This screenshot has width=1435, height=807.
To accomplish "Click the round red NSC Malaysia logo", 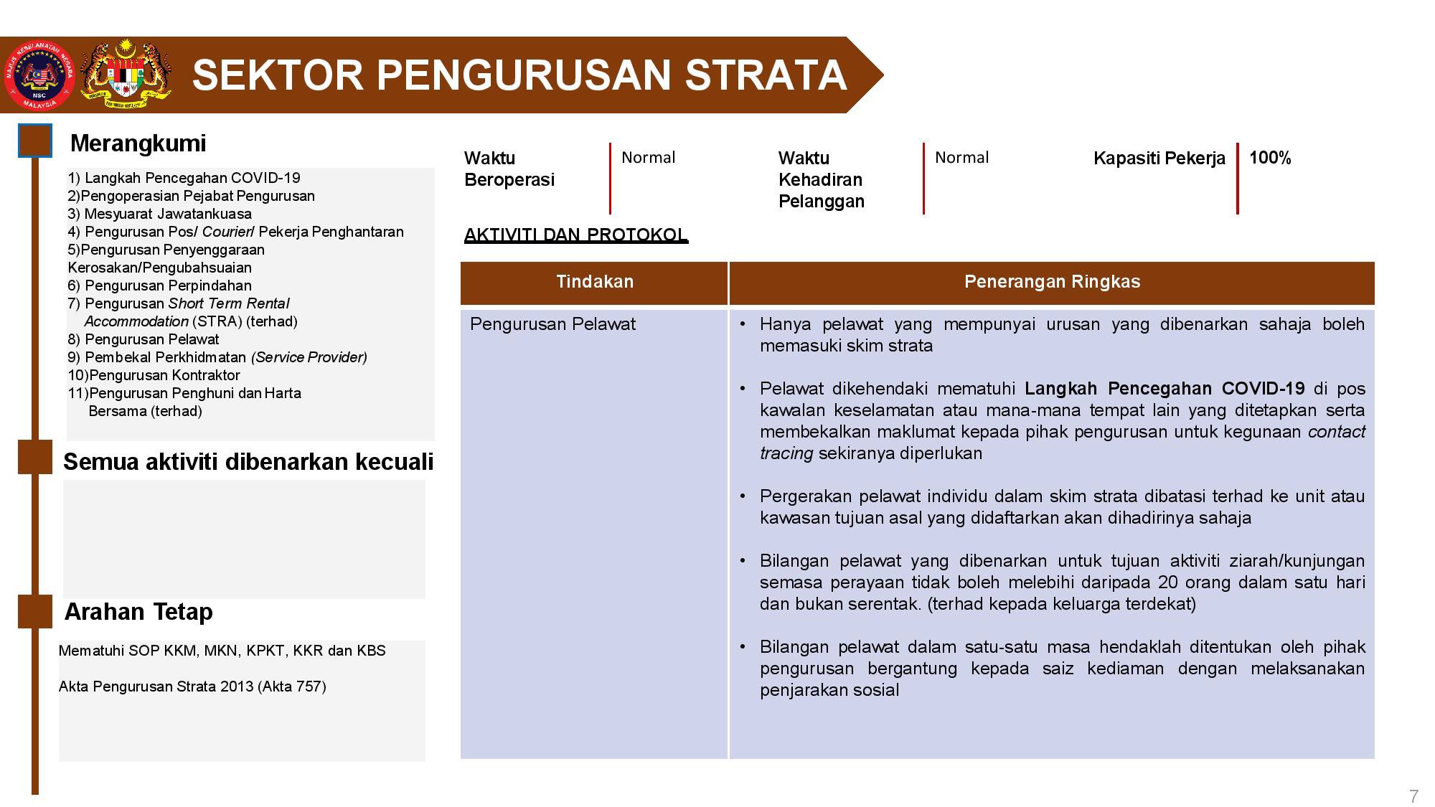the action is pyautogui.click(x=39, y=75).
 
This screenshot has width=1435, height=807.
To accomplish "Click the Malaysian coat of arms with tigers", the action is pyautogui.click(x=126, y=75).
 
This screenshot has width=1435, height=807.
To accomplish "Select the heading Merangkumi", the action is pyautogui.click(x=138, y=143).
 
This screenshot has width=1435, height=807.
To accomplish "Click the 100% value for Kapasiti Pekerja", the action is pyautogui.click(x=1270, y=158).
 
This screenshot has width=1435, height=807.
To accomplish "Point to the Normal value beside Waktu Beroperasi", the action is pyautogui.click(x=648, y=158).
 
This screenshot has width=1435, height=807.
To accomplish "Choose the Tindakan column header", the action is pyautogui.click(x=595, y=282).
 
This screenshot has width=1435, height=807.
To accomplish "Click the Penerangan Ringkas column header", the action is pyautogui.click(x=1052, y=282).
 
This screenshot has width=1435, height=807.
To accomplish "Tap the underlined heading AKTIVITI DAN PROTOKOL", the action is pyautogui.click(x=576, y=235).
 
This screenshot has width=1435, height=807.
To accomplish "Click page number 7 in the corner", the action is pyautogui.click(x=1413, y=796).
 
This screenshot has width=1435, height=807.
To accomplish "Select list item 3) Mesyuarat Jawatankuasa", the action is pyautogui.click(x=160, y=214).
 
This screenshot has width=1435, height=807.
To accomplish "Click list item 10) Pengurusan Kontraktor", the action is pyautogui.click(x=154, y=375).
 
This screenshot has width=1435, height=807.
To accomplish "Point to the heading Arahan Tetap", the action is pyautogui.click(x=138, y=612).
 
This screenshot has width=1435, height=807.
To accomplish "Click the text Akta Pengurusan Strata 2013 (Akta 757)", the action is pyautogui.click(x=192, y=686).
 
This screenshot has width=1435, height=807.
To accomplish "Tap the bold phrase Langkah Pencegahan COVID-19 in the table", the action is pyautogui.click(x=1165, y=389).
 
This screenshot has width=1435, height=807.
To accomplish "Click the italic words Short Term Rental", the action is pyautogui.click(x=229, y=303).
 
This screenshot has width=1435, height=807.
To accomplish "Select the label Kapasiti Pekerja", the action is pyautogui.click(x=1159, y=159).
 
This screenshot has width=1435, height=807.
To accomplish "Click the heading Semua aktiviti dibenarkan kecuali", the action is pyautogui.click(x=248, y=461).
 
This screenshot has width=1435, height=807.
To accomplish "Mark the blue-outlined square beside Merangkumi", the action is pyautogui.click(x=35, y=141).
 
